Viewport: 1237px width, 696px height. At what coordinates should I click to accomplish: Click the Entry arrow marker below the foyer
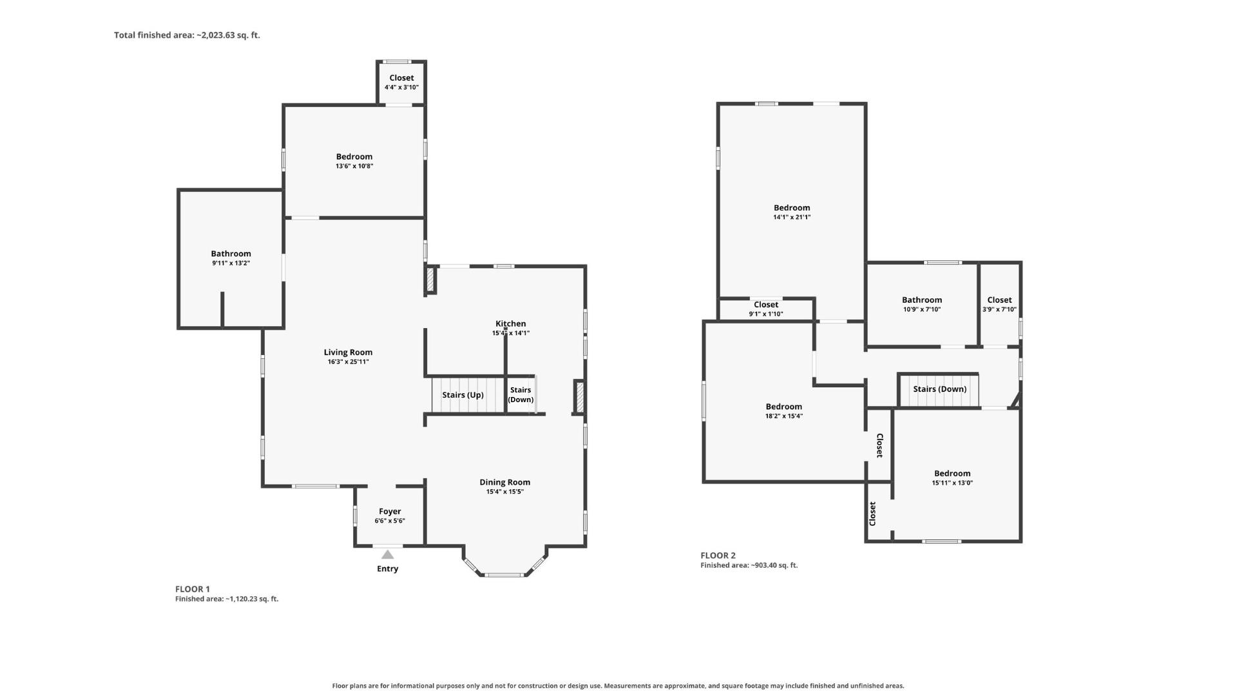[387, 554]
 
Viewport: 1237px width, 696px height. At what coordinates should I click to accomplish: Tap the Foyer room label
[390, 511]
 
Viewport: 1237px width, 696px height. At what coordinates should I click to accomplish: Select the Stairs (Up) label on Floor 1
[463, 395]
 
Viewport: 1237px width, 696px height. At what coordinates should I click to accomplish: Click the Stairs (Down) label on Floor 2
[939, 389]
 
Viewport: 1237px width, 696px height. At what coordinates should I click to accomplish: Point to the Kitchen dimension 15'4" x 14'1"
[511, 333]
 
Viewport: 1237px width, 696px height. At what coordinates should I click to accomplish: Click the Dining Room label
[505, 482]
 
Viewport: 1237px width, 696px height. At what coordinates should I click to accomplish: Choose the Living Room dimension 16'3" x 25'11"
[348, 362]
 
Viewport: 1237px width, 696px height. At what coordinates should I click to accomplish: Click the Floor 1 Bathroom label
[231, 254]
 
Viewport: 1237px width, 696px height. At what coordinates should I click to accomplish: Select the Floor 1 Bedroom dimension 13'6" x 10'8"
[354, 166]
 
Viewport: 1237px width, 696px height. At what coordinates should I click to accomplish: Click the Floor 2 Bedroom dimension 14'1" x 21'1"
[792, 217]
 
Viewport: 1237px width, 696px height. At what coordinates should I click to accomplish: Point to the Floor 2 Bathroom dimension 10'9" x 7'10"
[922, 309]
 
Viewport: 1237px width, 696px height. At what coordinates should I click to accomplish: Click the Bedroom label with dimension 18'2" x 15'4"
[784, 407]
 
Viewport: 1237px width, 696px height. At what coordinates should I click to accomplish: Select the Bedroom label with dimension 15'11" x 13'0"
[952, 473]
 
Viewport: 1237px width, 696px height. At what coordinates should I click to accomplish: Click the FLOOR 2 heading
[718, 556]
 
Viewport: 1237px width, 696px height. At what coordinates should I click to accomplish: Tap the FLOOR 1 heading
[193, 589]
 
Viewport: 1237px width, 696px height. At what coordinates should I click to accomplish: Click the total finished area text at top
[187, 35]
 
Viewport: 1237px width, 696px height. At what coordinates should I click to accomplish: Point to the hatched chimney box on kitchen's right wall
[579, 397]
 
